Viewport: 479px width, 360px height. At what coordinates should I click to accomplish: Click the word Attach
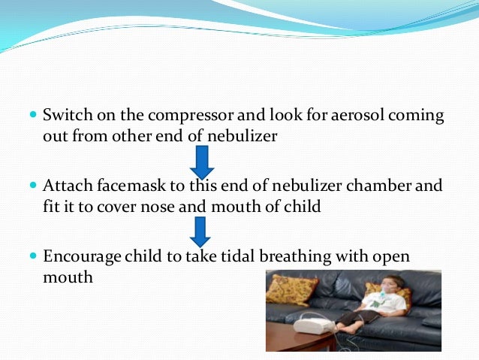(x=65, y=185)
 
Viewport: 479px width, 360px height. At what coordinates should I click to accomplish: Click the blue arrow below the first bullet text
(x=203, y=162)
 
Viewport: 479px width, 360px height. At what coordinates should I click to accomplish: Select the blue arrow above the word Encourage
(x=200, y=231)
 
